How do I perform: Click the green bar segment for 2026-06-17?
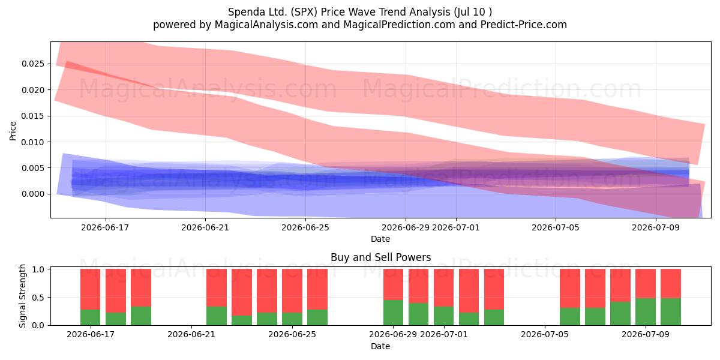[91, 317]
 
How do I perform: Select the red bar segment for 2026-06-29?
[393, 284]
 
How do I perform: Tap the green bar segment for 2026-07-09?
[646, 311]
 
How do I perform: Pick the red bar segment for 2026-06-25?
[292, 291]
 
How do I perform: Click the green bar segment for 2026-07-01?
[443, 316]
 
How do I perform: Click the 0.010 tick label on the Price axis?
[33, 142]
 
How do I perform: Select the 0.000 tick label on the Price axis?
[33, 194]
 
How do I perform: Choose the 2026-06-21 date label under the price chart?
[205, 227]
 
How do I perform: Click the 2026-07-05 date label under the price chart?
[556, 227]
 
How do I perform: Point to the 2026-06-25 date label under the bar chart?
[292, 334]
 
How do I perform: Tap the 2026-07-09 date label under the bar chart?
[646, 334]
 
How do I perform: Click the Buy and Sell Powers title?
[380, 257]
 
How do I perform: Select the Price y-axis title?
[13, 131]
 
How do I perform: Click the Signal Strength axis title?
[22, 296]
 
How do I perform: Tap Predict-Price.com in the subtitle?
[524, 25]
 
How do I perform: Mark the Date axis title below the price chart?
[380, 239]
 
